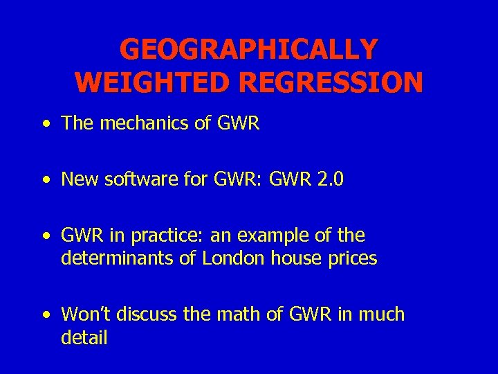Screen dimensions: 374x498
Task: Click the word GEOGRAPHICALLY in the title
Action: pyautogui.click(x=249, y=50)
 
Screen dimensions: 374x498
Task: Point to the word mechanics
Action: pyautogui.click(x=138, y=123)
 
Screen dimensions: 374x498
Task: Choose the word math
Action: pyautogui.click(x=237, y=314)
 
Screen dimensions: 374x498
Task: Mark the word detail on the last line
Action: pyautogui.click(x=84, y=338)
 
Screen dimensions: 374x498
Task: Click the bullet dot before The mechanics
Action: pyautogui.click(x=46, y=125)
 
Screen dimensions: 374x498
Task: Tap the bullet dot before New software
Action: pyautogui.click(x=46, y=181)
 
